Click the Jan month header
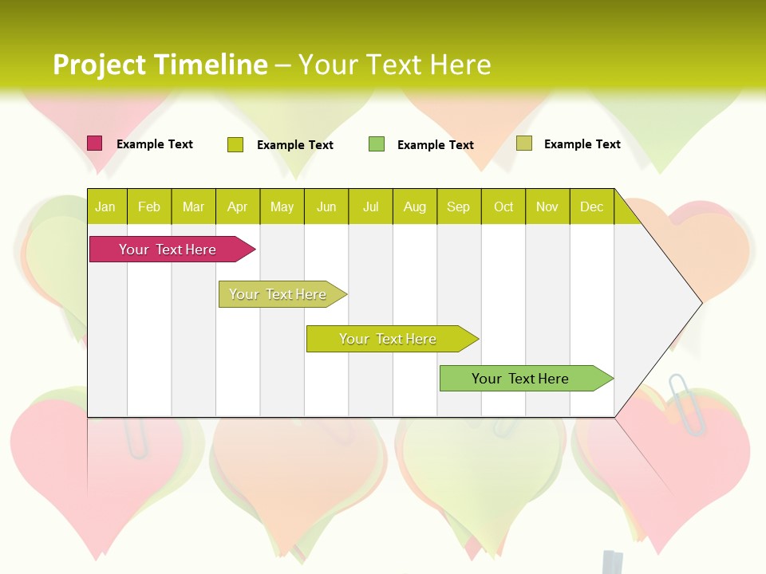click(x=106, y=206)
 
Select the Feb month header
click(x=149, y=206)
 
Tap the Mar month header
click(x=193, y=206)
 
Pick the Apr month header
click(x=238, y=206)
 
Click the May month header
click(x=282, y=206)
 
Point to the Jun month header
click(x=326, y=206)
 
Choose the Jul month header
click(x=370, y=206)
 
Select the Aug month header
click(x=415, y=206)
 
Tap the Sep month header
click(x=459, y=206)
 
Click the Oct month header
click(x=503, y=206)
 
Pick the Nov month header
click(x=547, y=206)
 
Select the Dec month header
click(x=592, y=206)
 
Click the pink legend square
click(x=95, y=143)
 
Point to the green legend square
click(x=377, y=144)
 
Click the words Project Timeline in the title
click(x=160, y=65)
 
